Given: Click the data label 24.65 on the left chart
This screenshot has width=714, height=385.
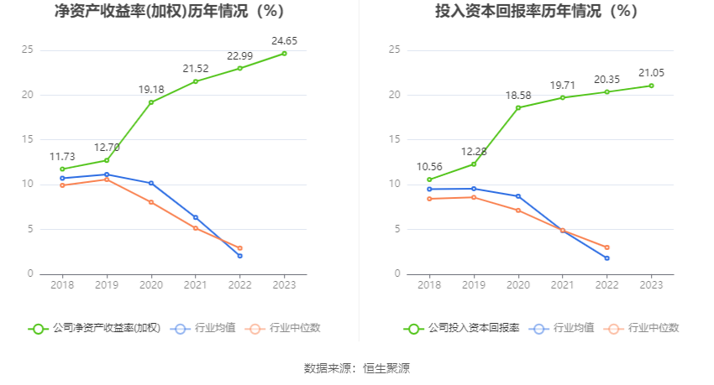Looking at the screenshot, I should (x=284, y=40).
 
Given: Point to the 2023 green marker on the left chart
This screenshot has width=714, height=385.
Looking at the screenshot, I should (x=284, y=54).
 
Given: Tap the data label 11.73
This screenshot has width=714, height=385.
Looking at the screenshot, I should (x=62, y=156).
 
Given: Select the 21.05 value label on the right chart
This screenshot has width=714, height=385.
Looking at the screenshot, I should (x=651, y=73).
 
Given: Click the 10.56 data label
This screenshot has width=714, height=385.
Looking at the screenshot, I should (x=429, y=166).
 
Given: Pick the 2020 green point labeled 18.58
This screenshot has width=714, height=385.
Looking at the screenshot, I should (x=518, y=107).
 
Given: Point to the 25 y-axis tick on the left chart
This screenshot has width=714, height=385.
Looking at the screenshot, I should (x=28, y=49).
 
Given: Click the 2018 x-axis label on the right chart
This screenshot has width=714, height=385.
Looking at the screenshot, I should (x=429, y=285).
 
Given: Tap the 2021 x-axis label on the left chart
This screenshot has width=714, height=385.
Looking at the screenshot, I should (x=196, y=285).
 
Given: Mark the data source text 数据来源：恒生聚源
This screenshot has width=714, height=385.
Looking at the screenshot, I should (x=357, y=367).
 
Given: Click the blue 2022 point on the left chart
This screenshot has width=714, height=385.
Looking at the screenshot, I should (x=239, y=256).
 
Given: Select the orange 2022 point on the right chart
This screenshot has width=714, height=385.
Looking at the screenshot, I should (x=606, y=247).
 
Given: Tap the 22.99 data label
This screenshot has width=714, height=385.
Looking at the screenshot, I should (x=240, y=55).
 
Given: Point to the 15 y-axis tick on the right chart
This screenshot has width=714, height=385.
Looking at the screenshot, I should (x=395, y=139).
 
